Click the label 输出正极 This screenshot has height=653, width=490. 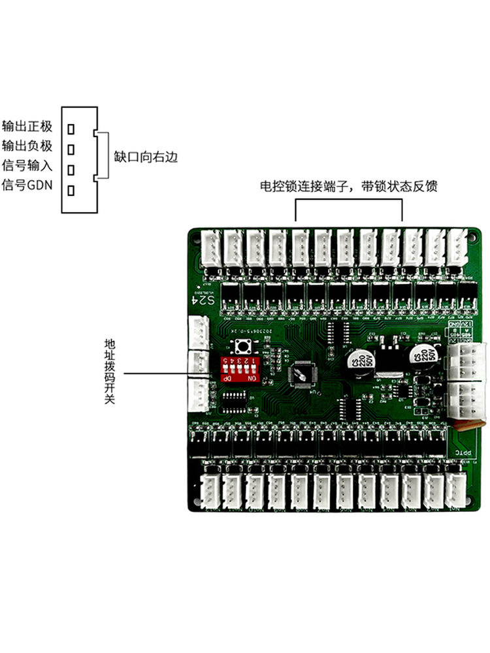[x=27, y=125]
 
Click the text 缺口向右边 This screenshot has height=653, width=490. [x=145, y=157]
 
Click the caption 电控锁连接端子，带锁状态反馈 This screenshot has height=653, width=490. [x=348, y=187]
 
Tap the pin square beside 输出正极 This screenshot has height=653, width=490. [x=71, y=129]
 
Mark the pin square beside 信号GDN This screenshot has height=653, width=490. [x=71, y=190]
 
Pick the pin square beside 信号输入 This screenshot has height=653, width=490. [x=71, y=169]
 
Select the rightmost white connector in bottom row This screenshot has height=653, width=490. [x=455, y=490]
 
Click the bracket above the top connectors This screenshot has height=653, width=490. [x=348, y=203]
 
